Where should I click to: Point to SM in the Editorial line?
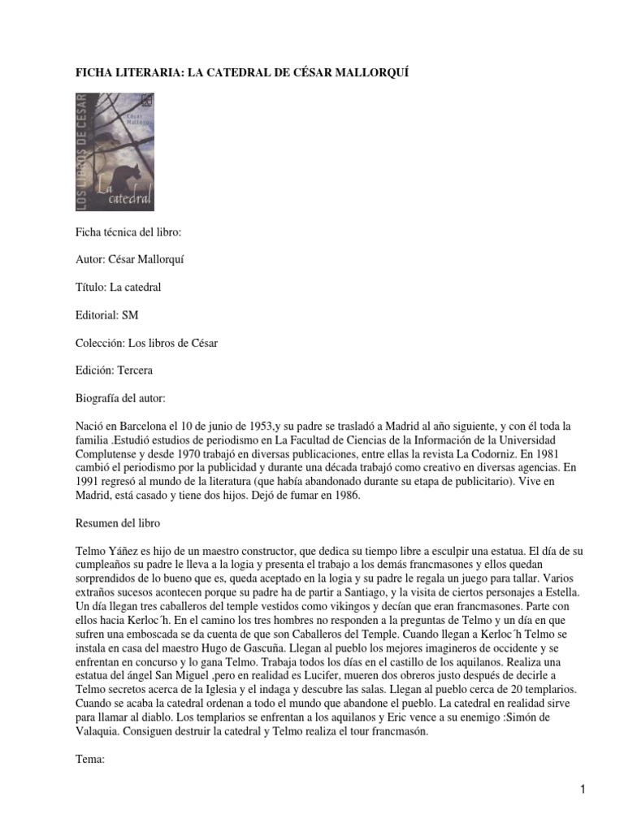tap(129, 315)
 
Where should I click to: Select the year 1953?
tap(256, 426)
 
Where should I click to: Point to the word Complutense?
tap(106, 453)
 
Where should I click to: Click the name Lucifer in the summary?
tap(305, 674)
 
